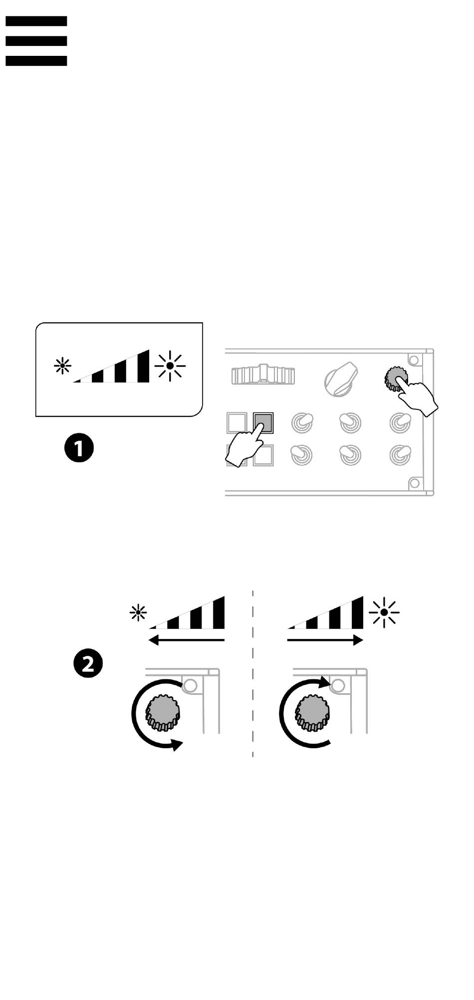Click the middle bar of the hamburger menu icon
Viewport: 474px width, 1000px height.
36,41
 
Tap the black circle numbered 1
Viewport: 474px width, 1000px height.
79,447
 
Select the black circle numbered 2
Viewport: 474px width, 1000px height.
88,664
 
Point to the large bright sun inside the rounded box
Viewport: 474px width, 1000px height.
170,366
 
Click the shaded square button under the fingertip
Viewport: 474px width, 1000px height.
263,422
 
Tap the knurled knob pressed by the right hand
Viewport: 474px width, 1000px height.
396,379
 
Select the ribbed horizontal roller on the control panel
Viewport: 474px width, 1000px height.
263,375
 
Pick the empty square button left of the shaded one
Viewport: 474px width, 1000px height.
237,422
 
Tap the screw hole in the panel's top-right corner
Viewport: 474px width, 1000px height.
413,359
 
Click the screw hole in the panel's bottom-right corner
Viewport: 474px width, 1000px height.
414,483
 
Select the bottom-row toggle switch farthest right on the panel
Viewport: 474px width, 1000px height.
400,454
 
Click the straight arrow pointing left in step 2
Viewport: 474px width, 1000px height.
187,640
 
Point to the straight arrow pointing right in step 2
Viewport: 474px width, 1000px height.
325,640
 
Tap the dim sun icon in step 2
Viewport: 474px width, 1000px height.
138,612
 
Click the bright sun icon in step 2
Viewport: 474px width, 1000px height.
384,612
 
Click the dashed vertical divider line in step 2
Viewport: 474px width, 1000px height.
253,673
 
